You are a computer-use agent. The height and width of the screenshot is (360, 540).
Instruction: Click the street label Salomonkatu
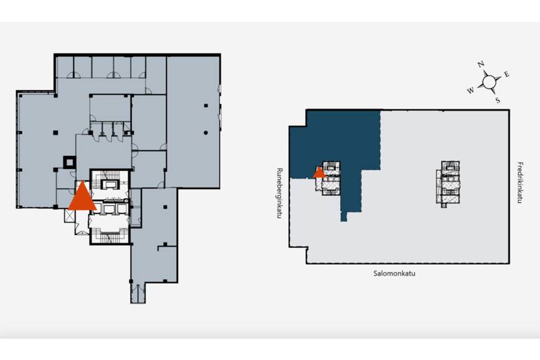coord(394,273)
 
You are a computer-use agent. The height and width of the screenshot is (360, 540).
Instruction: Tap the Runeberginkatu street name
coord(280,193)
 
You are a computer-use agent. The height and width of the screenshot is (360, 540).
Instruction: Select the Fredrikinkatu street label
coord(520,183)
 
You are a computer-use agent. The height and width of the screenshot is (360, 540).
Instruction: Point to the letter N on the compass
coord(481,64)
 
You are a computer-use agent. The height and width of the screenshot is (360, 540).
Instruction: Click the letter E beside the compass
coord(506,74)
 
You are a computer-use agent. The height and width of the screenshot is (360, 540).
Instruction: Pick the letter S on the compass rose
coord(497,100)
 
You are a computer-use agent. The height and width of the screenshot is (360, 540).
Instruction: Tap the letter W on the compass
coord(471,91)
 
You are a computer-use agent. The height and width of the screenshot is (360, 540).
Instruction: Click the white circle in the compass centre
coord(488,82)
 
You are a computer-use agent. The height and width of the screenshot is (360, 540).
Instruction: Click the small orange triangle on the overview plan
coord(319,172)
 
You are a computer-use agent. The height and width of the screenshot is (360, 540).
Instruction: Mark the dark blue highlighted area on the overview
coord(334,145)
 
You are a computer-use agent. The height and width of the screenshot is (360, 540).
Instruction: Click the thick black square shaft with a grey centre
coord(69,162)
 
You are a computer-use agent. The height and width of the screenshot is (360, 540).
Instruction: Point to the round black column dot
coord(205,133)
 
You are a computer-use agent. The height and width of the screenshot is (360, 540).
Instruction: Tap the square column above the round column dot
coord(205,105)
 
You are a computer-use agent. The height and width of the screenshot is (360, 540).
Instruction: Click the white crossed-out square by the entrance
coord(69,216)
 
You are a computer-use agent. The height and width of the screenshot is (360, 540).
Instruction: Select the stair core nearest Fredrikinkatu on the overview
coord(450,183)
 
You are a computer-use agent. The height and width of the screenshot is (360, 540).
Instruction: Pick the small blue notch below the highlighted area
coord(344,216)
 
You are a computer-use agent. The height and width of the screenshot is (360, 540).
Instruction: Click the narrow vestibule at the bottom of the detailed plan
coord(138,293)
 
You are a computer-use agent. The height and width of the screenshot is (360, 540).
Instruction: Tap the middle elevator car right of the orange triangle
coord(109,209)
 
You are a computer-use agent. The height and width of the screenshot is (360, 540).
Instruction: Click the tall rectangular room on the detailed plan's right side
coord(193,122)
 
